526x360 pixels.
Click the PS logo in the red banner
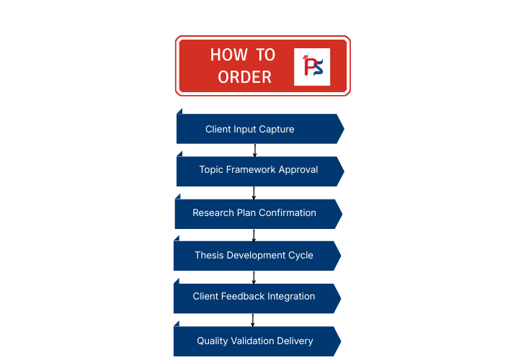click(312, 66)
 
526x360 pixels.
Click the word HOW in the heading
click(226, 55)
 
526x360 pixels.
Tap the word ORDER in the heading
click(245, 77)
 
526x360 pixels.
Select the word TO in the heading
click(264, 55)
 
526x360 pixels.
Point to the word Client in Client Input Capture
click(218, 130)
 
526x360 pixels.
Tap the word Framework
click(251, 170)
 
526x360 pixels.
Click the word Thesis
click(209, 256)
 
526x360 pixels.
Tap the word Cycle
click(300, 256)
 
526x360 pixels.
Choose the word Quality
click(213, 341)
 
